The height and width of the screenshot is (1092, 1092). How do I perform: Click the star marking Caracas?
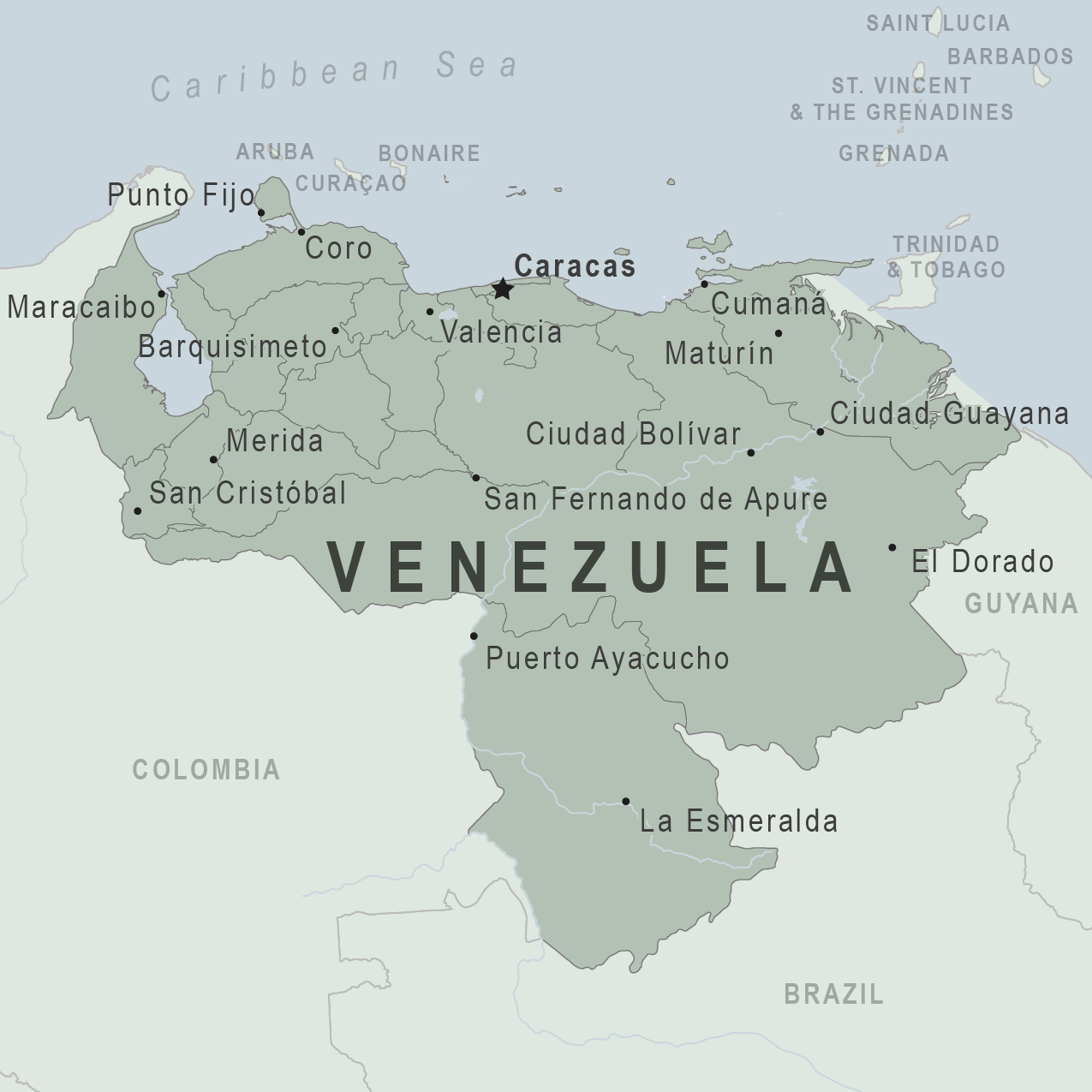tap(502, 289)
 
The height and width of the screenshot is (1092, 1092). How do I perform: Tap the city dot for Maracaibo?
tap(161, 294)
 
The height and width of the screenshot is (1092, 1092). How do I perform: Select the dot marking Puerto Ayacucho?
tap(474, 636)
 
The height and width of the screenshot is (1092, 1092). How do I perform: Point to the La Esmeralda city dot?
tap(626, 802)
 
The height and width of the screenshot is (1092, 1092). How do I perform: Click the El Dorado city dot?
tap(892, 547)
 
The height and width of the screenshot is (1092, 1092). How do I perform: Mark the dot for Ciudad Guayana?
tap(820, 432)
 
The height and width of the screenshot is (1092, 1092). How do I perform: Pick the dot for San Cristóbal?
tap(138, 511)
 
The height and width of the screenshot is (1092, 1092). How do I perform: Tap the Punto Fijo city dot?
tap(261, 213)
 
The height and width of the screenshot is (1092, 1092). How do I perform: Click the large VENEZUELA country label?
tap(590, 567)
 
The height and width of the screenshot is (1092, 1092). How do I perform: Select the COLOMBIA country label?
tap(206, 770)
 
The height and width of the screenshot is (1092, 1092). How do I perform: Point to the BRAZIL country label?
tap(833, 994)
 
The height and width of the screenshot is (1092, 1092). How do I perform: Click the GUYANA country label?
tap(1021, 604)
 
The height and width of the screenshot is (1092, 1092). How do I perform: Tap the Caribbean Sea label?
tap(335, 75)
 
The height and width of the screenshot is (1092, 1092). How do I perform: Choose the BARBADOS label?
tap(1010, 57)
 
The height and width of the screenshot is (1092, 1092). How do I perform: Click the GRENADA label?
tap(893, 153)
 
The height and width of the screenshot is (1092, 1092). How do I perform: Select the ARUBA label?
tap(275, 152)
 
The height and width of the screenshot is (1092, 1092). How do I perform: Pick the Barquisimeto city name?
tap(232, 347)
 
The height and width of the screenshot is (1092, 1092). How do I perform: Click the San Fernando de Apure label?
tap(655, 498)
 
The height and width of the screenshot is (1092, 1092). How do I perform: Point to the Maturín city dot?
tap(779, 333)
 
